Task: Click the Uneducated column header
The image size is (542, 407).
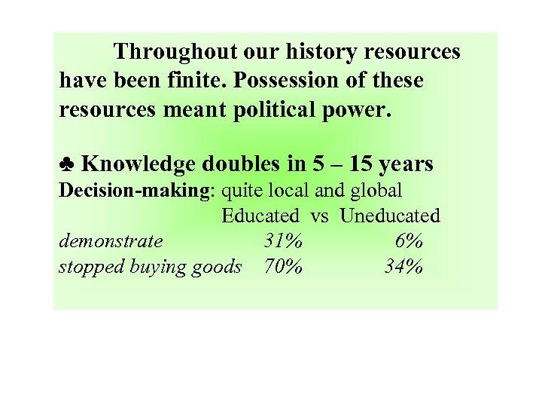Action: [389, 216]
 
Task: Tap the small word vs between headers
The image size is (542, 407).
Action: [319, 216]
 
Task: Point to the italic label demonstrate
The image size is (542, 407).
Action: [111, 241]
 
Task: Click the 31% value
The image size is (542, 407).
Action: [283, 241]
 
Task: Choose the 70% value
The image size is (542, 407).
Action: [283, 267]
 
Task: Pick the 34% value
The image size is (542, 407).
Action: [403, 267]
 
